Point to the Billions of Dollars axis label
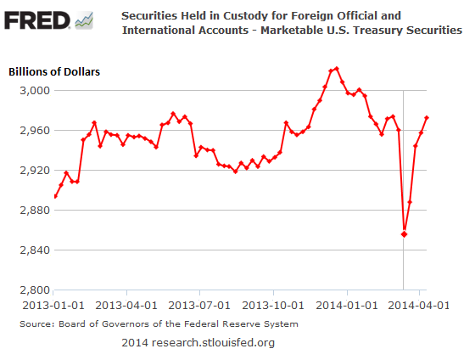55,71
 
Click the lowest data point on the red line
404,233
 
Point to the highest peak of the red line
337,68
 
